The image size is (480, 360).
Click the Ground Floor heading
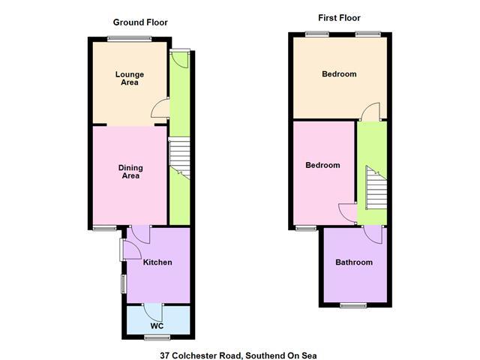pos(140,22)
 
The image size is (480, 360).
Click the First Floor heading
pos(339,18)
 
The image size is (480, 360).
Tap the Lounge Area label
pos(130,78)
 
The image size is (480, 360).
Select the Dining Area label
pos(130,172)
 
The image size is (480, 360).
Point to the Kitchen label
pos(157,262)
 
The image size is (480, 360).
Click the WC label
pos(157,326)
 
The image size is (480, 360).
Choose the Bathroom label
pos(354,262)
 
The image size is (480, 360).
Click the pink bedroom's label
pos(322,165)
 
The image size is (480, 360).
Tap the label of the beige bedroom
pos(339,74)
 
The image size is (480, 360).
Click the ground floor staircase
pos(180,158)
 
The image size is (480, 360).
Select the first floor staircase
pos(376,188)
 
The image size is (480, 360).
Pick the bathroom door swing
pos(373,235)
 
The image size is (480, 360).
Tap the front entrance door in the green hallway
pos(180,59)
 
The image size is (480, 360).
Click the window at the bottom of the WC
pos(157,337)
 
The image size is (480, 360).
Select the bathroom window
pos(353,305)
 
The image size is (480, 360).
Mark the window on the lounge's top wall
pos(130,39)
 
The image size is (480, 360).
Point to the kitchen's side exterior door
pos(130,250)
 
